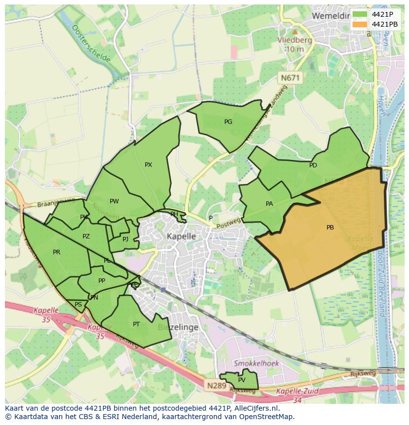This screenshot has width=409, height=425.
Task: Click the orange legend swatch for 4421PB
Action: tap(360, 24)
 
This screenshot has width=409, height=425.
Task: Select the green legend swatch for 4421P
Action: tap(360, 14)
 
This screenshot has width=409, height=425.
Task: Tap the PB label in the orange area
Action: tap(330, 228)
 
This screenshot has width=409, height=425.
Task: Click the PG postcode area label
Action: tap(228, 121)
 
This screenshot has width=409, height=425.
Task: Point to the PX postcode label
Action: tap(148, 165)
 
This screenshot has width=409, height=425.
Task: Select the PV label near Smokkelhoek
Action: tap(242, 380)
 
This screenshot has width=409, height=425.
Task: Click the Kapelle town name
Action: tap(181, 236)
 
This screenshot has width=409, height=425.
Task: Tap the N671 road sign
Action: tap(290, 77)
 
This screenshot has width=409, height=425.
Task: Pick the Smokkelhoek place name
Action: tap(256, 363)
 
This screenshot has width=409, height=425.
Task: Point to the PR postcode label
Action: tap(56, 252)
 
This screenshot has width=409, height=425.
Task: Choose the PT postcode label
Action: tap(136, 324)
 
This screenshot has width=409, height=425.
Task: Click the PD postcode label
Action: tap(313, 165)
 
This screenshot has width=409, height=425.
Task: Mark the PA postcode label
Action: tap(269, 203)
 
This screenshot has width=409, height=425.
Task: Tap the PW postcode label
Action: tap(114, 201)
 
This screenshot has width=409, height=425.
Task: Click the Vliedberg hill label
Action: tap(294, 45)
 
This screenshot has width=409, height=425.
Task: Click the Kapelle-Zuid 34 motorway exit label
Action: tap(297, 395)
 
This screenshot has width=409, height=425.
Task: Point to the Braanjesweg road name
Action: tap(56, 202)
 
